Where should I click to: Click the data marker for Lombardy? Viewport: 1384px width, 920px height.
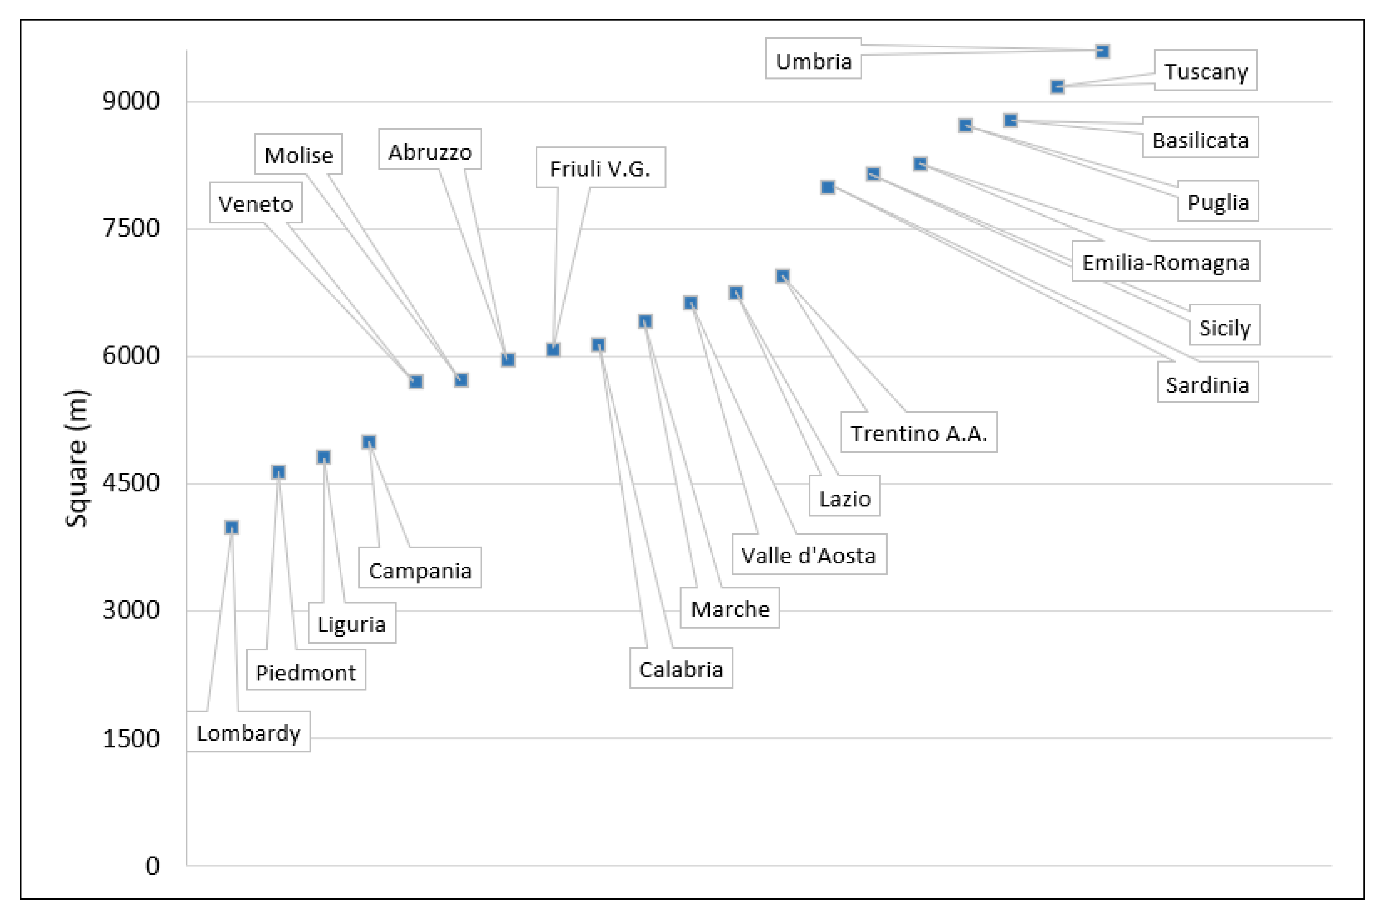pos(231,527)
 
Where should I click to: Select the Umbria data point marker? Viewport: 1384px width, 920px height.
pos(1102,52)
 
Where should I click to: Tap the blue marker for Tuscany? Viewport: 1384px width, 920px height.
pos(1057,87)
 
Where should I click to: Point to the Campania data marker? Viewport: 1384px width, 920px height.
pos(369,442)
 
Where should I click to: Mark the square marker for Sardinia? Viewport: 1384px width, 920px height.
pos(827,187)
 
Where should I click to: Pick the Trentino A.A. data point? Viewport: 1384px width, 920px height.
pos(782,276)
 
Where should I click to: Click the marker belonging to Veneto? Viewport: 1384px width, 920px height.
pos(416,382)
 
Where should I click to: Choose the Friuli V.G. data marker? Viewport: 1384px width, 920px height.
pos(553,350)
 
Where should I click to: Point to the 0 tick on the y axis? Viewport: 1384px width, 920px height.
pos(152,866)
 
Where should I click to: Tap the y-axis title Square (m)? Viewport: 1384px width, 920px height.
pos(77,458)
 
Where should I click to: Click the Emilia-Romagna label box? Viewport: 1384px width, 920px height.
pos(1166,262)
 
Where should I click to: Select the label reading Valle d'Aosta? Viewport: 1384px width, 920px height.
pos(808,555)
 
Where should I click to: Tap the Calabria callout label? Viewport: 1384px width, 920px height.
pos(681,669)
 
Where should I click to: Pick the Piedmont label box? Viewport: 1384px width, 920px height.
pos(306,672)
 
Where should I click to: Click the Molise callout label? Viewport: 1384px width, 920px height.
pos(299,155)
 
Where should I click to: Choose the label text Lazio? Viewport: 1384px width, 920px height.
pos(844,498)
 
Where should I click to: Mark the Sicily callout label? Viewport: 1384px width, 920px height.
pos(1224,327)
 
